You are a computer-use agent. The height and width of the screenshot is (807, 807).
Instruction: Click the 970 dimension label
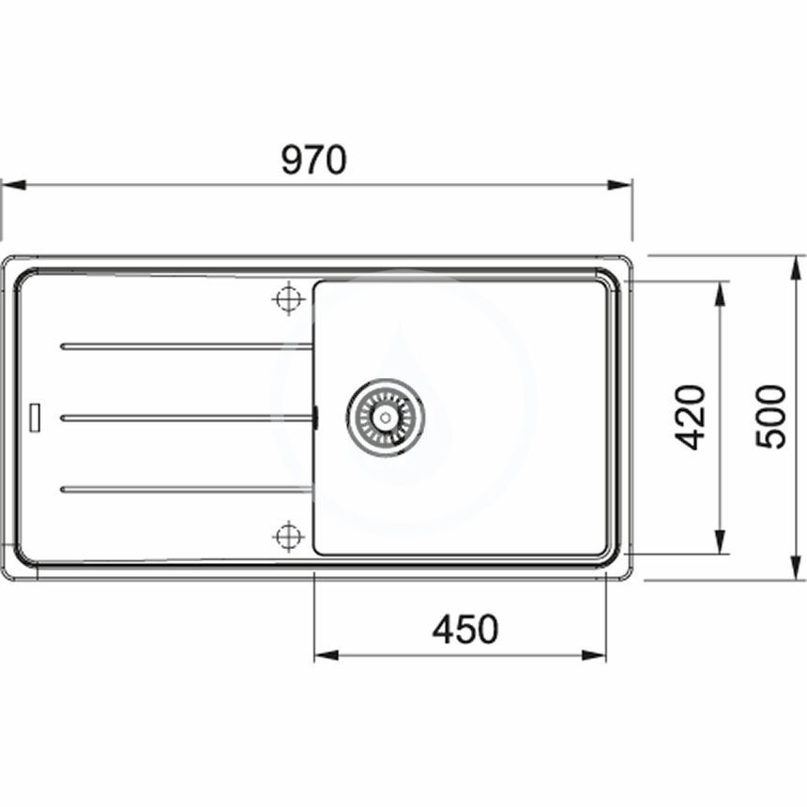[314, 160]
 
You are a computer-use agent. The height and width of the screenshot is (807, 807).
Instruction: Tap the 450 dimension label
[465, 629]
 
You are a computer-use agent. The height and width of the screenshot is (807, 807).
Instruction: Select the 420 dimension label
[689, 417]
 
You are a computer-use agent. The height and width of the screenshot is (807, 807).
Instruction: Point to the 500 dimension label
[770, 417]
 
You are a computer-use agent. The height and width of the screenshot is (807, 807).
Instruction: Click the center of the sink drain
[386, 418]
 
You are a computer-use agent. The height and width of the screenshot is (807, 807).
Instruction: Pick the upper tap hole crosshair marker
[289, 298]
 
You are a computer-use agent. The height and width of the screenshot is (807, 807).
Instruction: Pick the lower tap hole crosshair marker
[289, 537]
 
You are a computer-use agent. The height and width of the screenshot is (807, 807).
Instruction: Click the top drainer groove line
[187, 346]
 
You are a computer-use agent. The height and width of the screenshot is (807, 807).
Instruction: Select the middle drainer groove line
[187, 418]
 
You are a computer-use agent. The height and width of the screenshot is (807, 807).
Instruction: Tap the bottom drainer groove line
[187, 489]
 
